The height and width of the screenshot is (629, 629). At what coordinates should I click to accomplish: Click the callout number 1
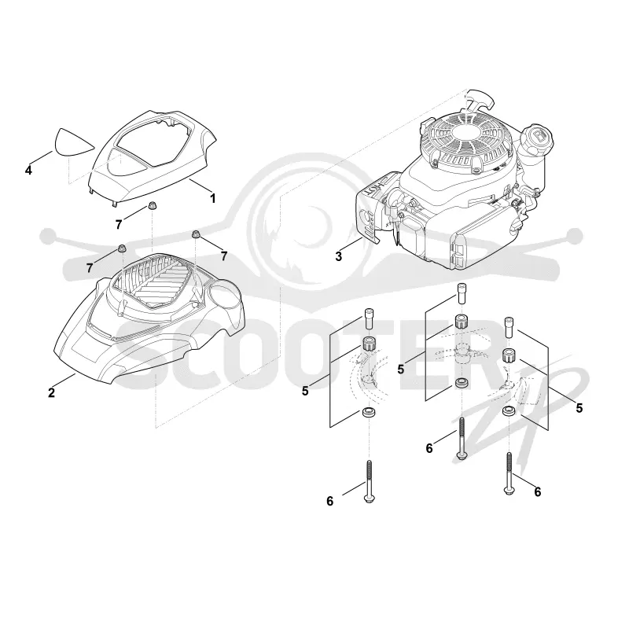(x=213, y=198)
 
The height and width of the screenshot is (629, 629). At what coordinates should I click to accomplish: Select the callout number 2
(x=51, y=392)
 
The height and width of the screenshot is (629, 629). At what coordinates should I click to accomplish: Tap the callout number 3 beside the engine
(x=339, y=256)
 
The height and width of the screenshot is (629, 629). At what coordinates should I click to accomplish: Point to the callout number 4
(x=28, y=171)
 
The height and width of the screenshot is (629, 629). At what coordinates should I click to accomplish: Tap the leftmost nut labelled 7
(x=123, y=249)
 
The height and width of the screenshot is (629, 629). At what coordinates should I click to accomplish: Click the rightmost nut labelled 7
(x=196, y=234)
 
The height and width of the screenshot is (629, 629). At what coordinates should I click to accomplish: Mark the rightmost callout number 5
(x=579, y=408)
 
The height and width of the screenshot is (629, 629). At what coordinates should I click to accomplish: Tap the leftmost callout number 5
(x=305, y=391)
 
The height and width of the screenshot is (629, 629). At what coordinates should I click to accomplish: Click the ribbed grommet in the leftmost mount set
(x=369, y=344)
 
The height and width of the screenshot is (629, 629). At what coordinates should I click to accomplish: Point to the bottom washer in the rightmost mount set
(x=509, y=411)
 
